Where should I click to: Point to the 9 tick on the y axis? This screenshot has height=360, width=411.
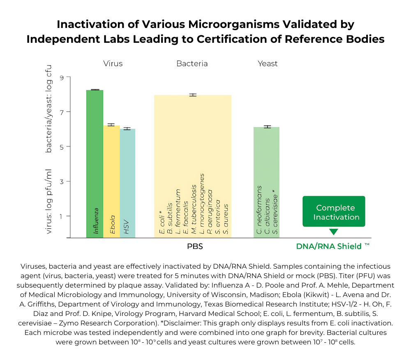tap(62, 77)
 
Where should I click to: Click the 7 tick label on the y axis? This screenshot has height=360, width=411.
tap(62, 112)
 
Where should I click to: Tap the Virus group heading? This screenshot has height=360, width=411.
tap(113, 64)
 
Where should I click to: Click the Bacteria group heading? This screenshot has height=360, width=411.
tap(192, 64)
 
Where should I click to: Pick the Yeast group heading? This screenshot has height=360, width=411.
tap(268, 64)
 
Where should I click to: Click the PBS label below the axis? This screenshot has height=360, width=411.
tap(195, 247)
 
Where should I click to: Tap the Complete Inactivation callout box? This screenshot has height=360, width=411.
tap(334, 212)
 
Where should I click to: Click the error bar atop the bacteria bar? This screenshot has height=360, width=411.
tap(193, 95)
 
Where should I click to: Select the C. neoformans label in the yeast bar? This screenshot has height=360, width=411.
tap(259, 210)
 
